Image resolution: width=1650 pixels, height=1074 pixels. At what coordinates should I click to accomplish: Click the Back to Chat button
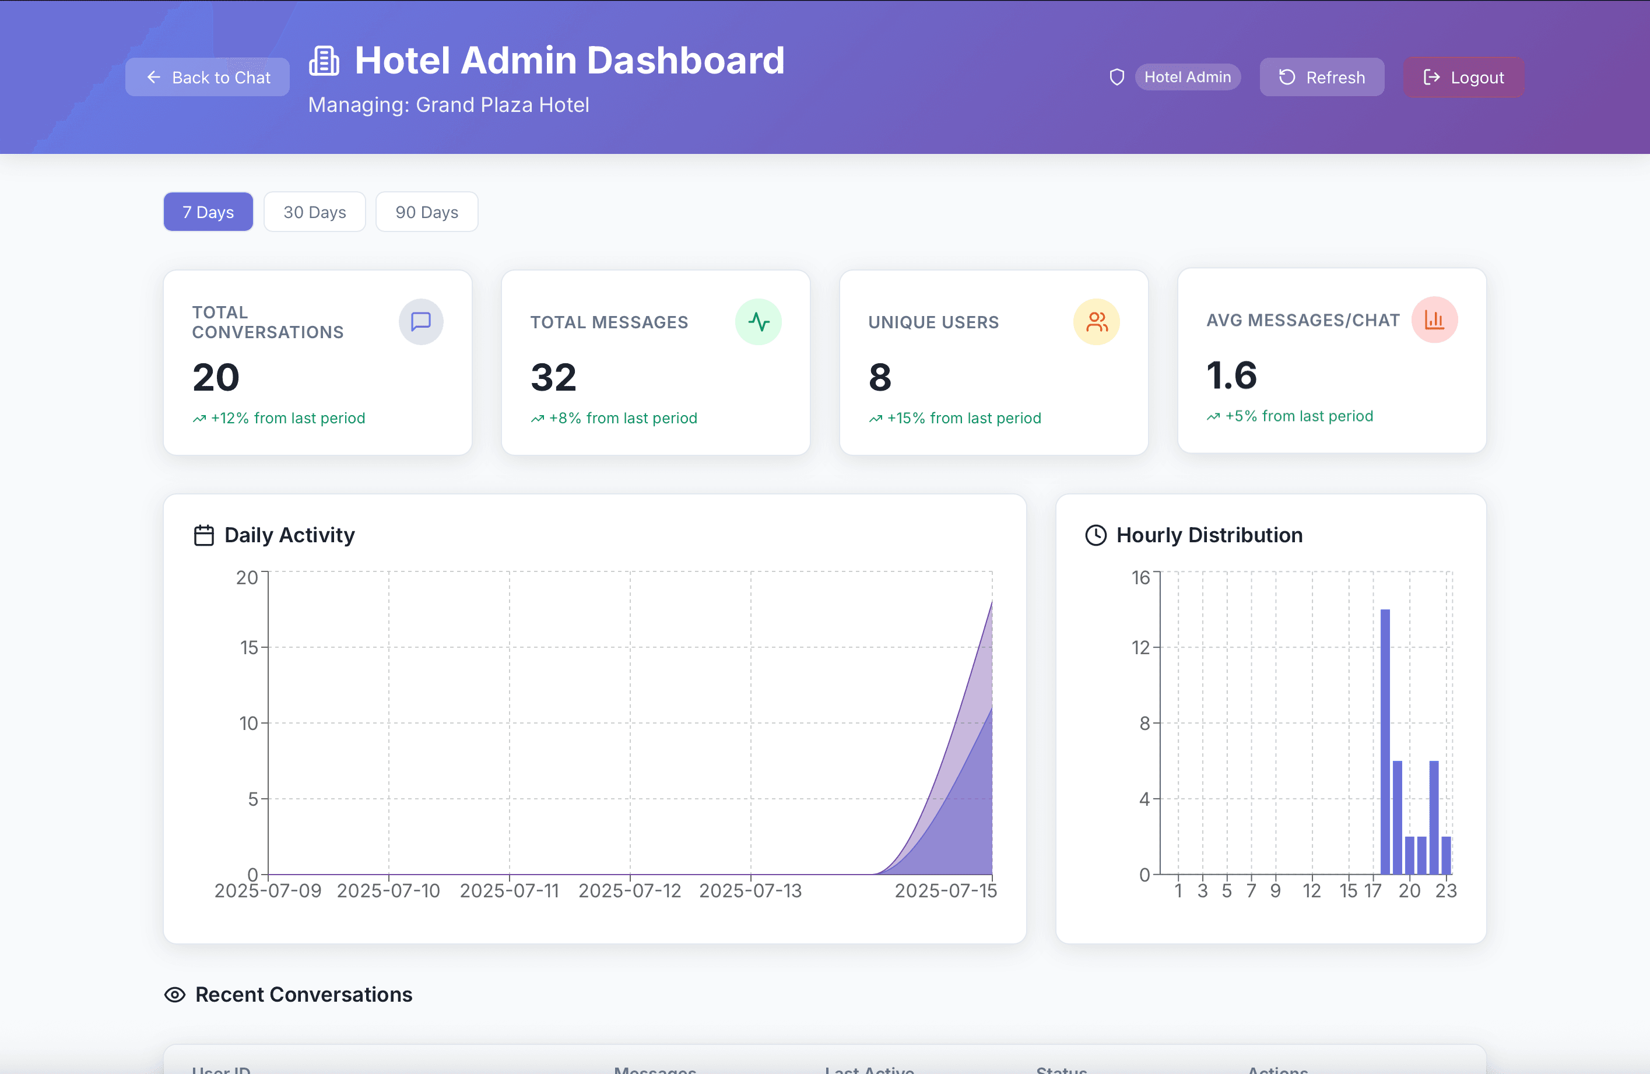pyautogui.click(x=208, y=77)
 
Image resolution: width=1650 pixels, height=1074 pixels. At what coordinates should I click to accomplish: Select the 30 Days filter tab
pyautogui.click(x=314, y=212)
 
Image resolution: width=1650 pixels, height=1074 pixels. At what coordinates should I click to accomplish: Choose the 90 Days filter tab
pyautogui.click(x=426, y=212)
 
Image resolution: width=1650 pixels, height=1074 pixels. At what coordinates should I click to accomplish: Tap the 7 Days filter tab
pyautogui.click(x=208, y=212)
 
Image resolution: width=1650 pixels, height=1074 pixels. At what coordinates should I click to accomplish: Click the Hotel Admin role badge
pyautogui.click(x=1187, y=77)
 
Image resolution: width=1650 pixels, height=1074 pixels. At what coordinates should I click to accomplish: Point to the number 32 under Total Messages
pyautogui.click(x=553, y=377)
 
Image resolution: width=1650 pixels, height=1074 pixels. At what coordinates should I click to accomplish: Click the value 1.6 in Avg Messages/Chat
pyautogui.click(x=1231, y=375)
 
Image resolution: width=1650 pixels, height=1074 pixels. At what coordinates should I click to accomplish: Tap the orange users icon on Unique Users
pyautogui.click(x=1096, y=322)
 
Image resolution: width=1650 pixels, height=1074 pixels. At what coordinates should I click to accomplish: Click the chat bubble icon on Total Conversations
pyautogui.click(x=421, y=322)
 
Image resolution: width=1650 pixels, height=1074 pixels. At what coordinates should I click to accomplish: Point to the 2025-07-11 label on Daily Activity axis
pyautogui.click(x=509, y=891)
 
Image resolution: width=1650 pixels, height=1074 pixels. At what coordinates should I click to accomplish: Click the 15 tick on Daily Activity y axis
pyautogui.click(x=249, y=648)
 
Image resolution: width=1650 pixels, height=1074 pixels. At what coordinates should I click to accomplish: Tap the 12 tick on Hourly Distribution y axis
pyautogui.click(x=1140, y=648)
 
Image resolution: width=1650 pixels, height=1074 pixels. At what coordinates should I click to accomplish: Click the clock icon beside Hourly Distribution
pyautogui.click(x=1096, y=535)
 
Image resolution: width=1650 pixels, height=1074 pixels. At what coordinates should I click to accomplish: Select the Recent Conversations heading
pyautogui.click(x=303, y=994)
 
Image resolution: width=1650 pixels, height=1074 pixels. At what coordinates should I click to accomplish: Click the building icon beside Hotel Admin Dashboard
pyautogui.click(x=324, y=61)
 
